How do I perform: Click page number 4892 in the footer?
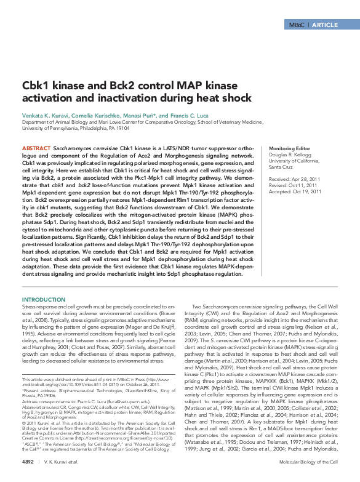click(30, 462)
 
